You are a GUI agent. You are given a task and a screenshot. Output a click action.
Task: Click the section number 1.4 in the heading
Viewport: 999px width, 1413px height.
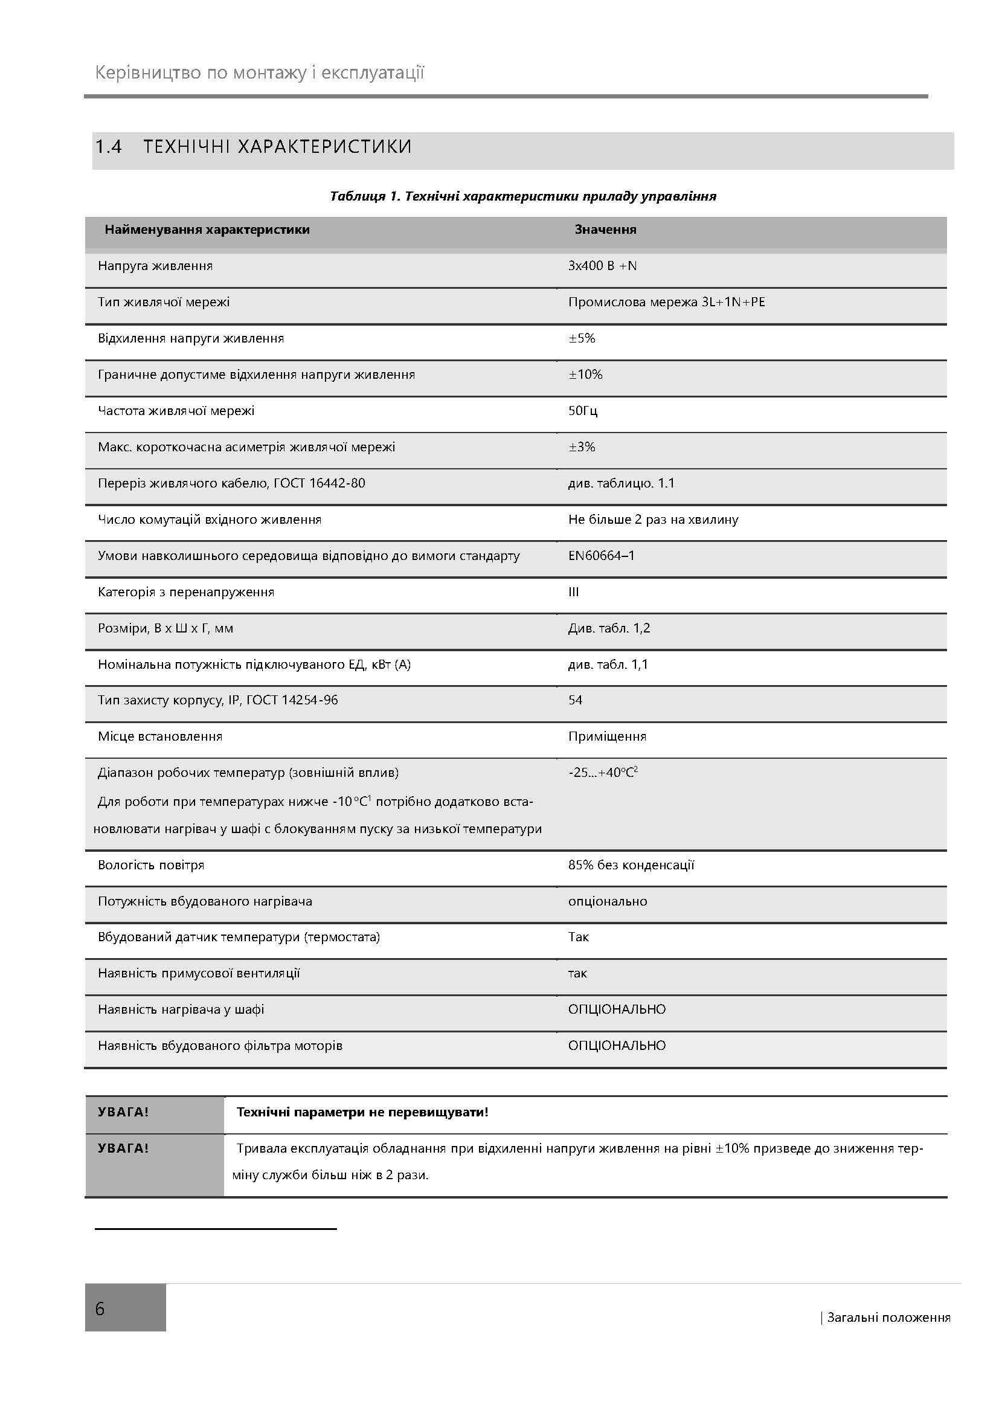108,147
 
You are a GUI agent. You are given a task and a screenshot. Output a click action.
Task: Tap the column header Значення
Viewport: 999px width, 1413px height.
605,230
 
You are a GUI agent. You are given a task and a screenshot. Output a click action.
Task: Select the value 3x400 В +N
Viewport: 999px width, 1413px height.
602,266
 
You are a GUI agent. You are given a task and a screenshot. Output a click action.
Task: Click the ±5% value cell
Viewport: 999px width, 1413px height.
581,338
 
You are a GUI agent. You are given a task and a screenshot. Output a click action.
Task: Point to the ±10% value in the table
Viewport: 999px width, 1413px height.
585,374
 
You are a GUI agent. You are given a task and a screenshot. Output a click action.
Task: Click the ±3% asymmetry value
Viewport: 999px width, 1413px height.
581,447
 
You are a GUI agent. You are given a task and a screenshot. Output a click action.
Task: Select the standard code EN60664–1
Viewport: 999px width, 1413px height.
601,556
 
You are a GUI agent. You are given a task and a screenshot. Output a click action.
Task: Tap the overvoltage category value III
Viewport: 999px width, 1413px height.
573,592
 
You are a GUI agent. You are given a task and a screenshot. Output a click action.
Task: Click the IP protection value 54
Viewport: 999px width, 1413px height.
575,700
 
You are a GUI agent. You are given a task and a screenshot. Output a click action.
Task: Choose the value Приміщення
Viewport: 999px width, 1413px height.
607,736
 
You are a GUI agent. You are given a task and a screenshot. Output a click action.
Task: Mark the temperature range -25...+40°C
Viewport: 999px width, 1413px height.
602,773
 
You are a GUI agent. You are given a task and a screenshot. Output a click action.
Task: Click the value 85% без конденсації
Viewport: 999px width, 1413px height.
631,865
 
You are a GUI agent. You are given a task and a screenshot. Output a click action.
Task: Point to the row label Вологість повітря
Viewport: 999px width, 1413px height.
151,865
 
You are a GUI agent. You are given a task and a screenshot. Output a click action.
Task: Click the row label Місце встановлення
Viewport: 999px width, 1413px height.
160,736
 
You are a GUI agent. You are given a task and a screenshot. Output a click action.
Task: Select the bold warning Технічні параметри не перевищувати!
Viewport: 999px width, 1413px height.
362,1112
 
